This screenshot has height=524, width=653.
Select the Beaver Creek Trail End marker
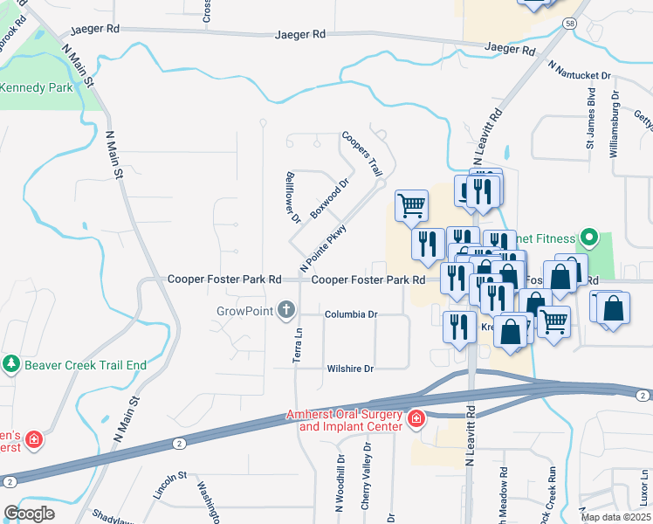10,364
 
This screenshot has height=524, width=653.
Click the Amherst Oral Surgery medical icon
416,420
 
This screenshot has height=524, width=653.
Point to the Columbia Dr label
351,314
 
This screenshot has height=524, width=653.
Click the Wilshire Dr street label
349,369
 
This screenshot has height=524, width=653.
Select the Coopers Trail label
362,153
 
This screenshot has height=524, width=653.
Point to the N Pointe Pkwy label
324,247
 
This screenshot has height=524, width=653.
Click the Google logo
29,514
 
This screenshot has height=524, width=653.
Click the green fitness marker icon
589,238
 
